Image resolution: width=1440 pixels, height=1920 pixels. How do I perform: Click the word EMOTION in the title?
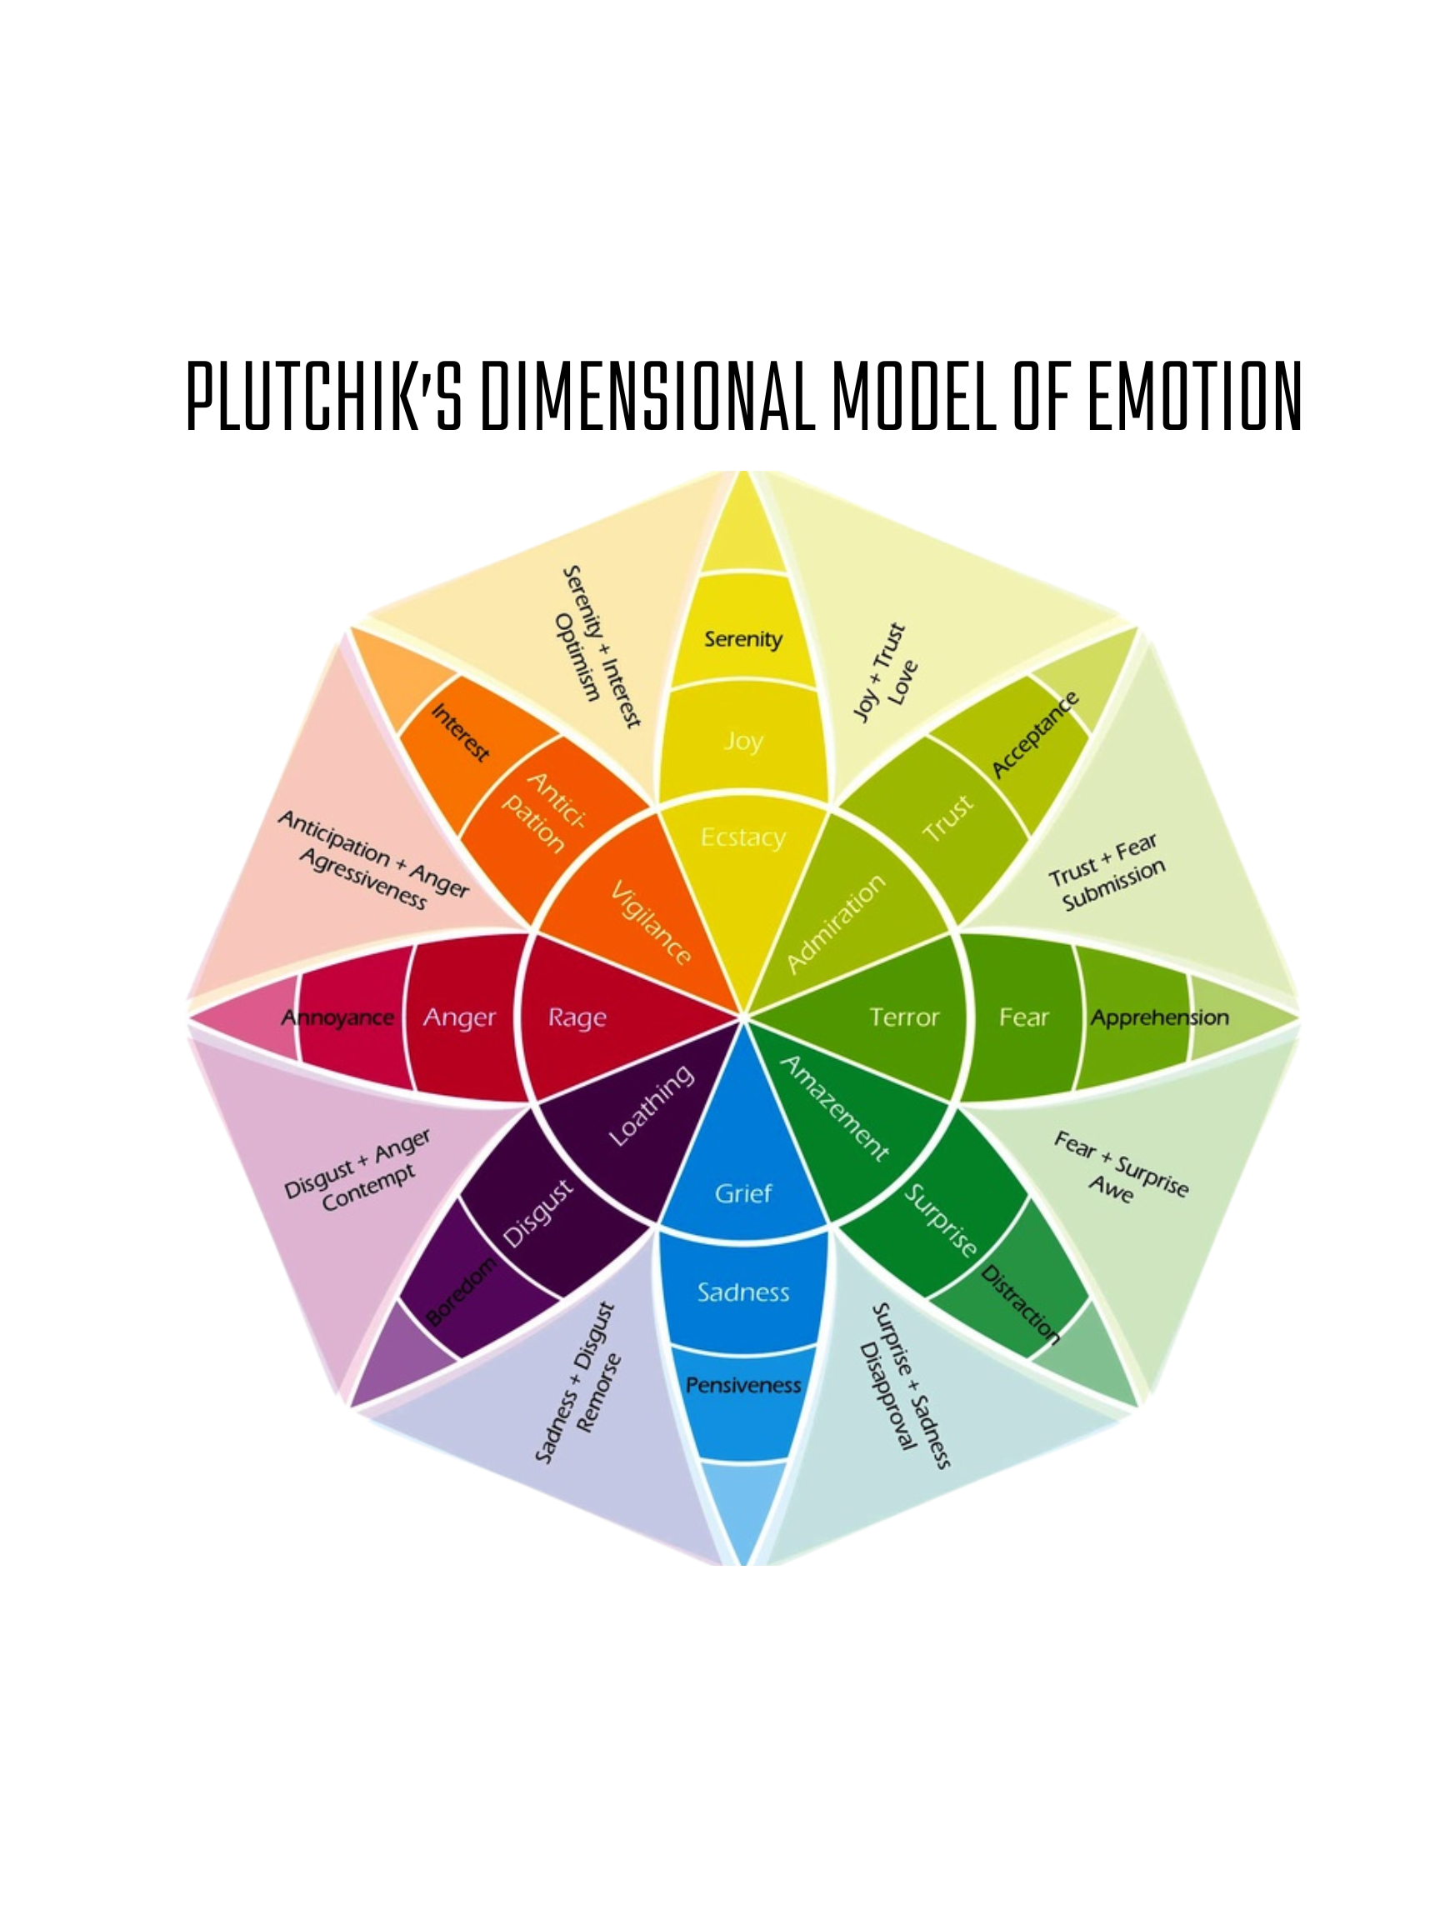1194,396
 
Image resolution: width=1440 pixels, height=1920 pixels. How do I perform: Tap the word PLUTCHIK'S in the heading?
325,396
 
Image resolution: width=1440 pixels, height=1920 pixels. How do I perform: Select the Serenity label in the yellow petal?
743,640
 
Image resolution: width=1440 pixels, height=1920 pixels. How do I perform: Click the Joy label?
743,742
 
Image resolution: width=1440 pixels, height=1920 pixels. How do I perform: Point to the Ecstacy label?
743,837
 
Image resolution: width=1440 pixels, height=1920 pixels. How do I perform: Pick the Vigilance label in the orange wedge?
651,922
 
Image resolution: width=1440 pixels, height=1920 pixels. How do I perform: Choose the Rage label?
577,1017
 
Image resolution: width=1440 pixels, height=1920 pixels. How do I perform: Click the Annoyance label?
337,1017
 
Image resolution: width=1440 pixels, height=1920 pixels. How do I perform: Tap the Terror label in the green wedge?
904,1017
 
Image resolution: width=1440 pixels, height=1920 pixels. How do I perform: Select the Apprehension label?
1160,1017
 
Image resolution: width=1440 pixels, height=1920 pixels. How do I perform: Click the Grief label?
743,1193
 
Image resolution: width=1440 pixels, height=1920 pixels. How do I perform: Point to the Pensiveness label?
743,1385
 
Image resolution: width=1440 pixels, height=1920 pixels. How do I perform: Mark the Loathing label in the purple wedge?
652,1105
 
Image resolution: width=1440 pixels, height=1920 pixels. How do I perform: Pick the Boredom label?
462,1291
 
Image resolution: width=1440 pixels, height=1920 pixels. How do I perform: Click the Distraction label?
1021,1303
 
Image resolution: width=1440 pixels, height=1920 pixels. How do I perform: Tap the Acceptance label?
1036,734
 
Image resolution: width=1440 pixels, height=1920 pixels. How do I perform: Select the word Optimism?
577,657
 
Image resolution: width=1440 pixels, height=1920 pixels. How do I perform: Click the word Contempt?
368,1188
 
